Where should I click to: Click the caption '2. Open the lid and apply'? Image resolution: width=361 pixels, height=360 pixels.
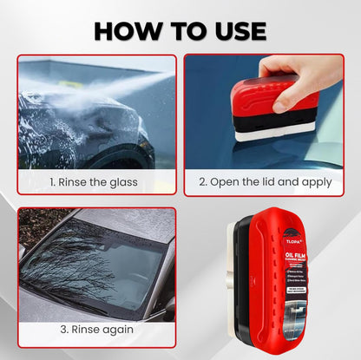(264, 183)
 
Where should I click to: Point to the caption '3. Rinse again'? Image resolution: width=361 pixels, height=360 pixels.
(96, 330)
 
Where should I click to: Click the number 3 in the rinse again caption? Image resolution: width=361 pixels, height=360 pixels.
(63, 330)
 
